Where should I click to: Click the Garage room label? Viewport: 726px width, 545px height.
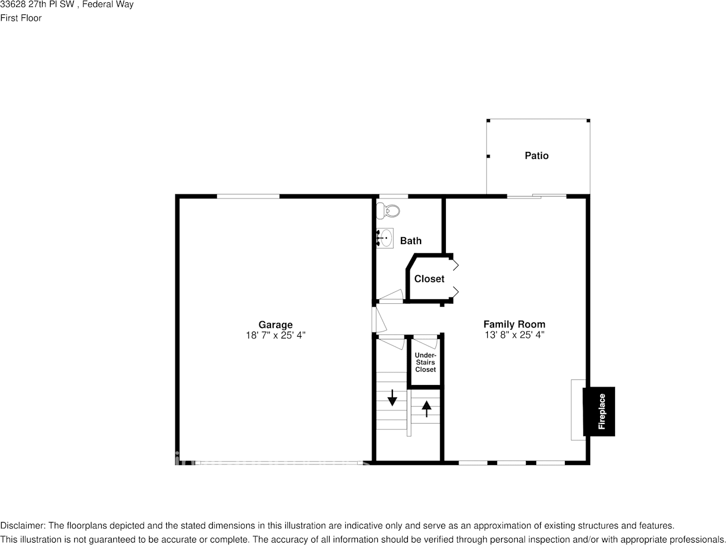coord(275,325)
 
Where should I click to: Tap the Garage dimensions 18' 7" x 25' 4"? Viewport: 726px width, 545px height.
coord(275,335)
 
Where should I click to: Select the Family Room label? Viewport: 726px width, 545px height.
coord(514,324)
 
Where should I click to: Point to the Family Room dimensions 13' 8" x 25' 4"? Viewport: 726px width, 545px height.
coord(514,334)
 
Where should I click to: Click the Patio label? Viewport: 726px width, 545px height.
coord(536,155)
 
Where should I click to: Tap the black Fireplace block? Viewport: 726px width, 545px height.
coord(599,411)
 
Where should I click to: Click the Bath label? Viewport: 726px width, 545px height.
coord(411,241)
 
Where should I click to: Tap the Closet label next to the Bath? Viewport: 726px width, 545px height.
coord(429,279)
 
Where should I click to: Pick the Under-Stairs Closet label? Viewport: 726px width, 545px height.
coord(425,363)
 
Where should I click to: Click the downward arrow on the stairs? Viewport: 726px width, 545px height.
coord(392,398)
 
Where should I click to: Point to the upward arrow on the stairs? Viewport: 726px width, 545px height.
coord(426,408)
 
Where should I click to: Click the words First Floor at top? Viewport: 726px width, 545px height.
coord(21,18)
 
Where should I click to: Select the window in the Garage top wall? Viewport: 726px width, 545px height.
coord(248,196)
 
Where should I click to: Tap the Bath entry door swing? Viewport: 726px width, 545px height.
coord(391,295)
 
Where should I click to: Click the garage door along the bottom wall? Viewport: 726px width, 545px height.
coord(276,462)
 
